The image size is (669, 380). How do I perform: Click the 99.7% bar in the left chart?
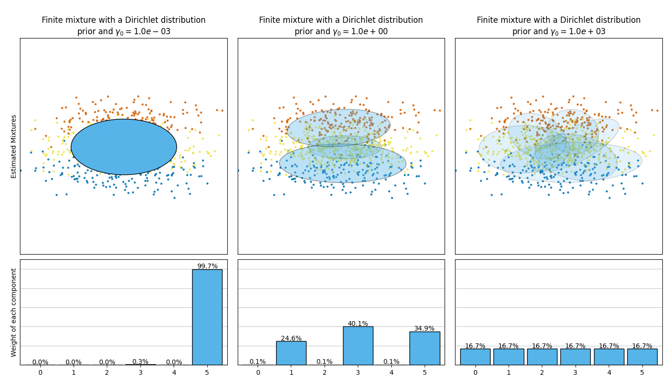207,317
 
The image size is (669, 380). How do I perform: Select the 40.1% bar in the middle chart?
358,345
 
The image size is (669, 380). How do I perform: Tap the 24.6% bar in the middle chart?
291,353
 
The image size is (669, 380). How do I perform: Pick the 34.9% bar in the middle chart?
425,348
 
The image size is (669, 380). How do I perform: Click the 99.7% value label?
207,266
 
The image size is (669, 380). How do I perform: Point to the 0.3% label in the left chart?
140,361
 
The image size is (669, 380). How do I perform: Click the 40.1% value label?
358,323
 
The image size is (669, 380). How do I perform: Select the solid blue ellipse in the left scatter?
124,147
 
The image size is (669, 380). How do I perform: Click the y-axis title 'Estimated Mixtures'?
14,146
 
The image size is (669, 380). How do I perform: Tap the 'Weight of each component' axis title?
14,312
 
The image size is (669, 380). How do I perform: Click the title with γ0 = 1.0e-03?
123,26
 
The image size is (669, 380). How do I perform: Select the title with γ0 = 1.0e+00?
341,26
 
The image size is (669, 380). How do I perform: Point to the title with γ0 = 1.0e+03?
558,26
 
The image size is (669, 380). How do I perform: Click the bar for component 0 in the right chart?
475,357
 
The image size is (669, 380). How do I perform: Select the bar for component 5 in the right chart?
642,357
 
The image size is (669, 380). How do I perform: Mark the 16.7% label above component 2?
542,346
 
